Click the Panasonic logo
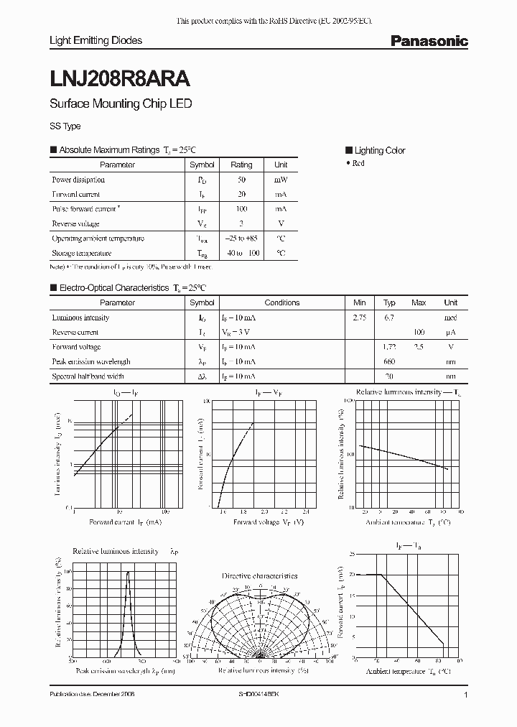coord(429,41)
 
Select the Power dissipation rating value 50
coord(241,180)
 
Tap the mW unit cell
coord(281,180)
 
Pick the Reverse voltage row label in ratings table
coord(75,223)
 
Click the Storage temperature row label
coord(81,253)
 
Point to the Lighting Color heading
coord(379,150)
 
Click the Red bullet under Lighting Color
coord(358,164)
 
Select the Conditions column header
coord(282,302)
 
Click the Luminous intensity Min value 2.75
coord(360,318)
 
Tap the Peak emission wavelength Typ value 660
coord(389,361)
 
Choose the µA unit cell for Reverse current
coord(450,332)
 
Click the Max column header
coord(419,302)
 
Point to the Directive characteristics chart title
coord(259,575)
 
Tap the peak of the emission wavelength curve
coord(128,573)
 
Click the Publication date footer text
coord(92,695)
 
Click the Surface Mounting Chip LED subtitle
coord(120,103)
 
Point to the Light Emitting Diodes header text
coord(96,41)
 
